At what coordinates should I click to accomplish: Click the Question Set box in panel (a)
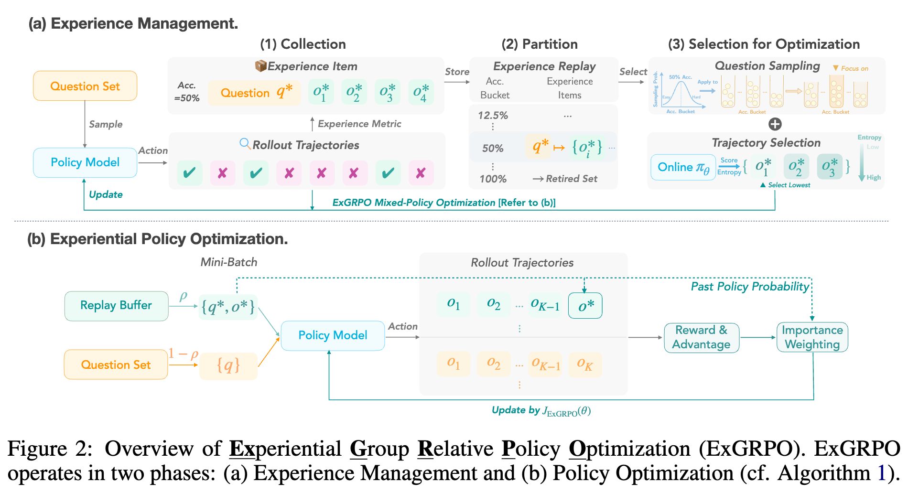click(x=85, y=86)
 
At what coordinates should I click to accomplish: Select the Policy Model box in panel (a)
click(x=85, y=162)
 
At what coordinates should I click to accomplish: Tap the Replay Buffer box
click(x=116, y=306)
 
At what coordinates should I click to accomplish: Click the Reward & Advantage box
click(x=701, y=337)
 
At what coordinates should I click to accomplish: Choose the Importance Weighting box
click(x=812, y=337)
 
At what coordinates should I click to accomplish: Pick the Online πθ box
click(x=683, y=167)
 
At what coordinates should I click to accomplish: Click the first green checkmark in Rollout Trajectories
click(x=189, y=173)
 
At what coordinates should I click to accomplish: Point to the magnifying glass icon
click(x=245, y=144)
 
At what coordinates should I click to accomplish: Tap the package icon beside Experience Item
click(x=260, y=66)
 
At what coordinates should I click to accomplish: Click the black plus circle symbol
click(x=775, y=124)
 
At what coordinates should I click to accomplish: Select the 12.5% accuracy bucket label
click(x=493, y=116)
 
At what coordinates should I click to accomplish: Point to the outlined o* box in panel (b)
click(x=585, y=306)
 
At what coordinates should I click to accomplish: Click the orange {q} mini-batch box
click(x=228, y=366)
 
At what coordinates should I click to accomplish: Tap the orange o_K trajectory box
click(x=585, y=365)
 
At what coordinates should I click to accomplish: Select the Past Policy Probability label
click(x=750, y=287)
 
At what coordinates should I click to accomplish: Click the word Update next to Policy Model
click(x=106, y=194)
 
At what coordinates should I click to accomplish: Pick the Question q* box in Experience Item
click(x=254, y=93)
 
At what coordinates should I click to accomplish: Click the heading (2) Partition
click(x=539, y=44)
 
